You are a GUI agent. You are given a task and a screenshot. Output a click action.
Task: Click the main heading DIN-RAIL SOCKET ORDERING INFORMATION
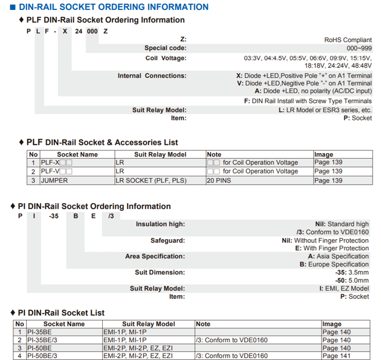(113, 7)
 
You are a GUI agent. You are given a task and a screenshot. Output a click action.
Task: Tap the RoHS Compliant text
(348, 40)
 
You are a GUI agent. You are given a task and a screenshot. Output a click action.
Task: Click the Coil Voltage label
(166, 58)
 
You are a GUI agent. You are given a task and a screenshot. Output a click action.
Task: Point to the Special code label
(165, 48)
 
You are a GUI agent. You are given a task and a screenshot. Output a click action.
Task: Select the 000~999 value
(359, 48)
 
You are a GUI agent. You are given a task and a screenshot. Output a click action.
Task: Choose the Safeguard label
(167, 241)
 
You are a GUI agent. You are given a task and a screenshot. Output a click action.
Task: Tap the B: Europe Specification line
(334, 265)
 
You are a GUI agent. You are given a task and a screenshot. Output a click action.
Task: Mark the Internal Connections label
(152, 76)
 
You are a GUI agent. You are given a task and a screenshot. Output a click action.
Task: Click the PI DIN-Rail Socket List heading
(61, 313)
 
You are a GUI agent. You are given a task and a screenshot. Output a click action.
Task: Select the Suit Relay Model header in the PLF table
(160, 155)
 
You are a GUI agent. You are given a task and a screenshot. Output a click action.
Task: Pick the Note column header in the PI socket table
(203, 324)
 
